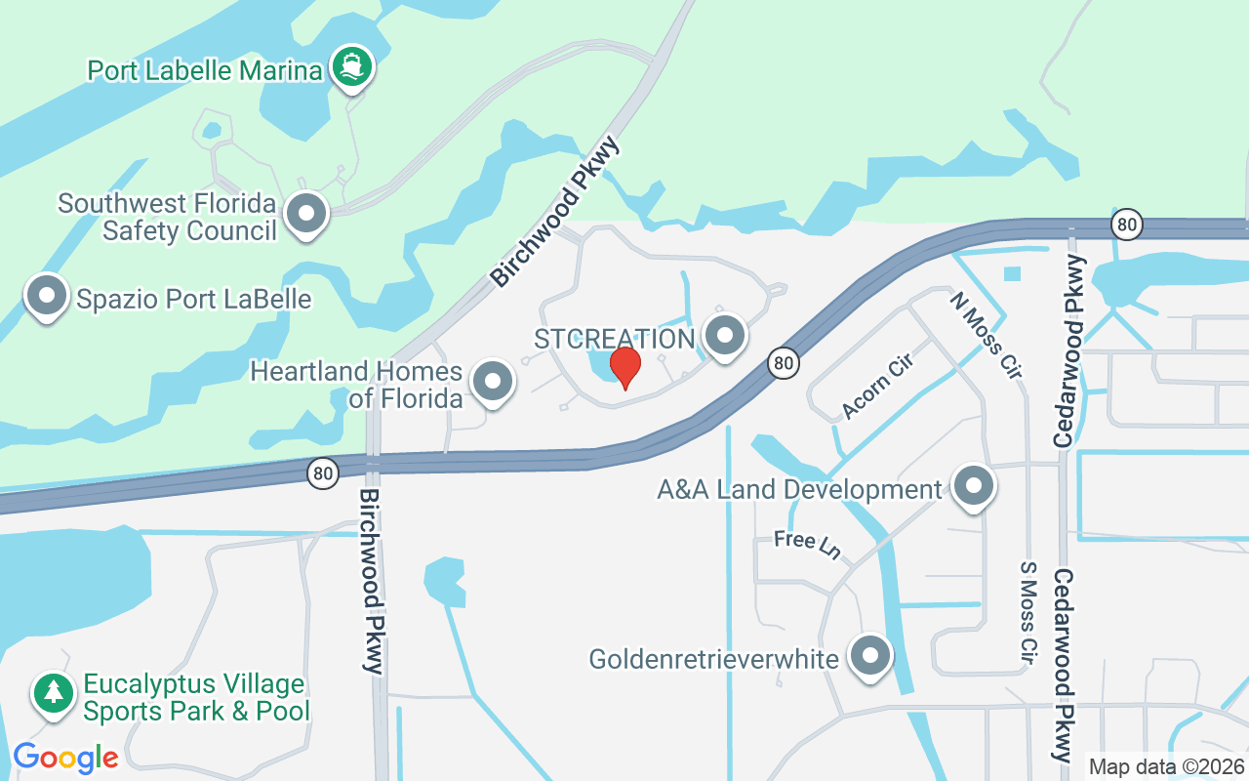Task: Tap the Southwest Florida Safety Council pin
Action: (x=307, y=212)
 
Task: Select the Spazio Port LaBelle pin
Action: (x=47, y=295)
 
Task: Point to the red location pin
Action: (x=624, y=367)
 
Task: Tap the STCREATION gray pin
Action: (x=724, y=336)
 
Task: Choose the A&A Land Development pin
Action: (x=972, y=486)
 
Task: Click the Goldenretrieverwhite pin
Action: (x=869, y=656)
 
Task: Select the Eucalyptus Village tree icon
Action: (x=53, y=693)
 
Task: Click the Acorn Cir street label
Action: (x=876, y=390)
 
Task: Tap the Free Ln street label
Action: (x=807, y=544)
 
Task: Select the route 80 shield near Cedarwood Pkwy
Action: (x=1127, y=225)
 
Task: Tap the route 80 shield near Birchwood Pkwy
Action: (x=323, y=474)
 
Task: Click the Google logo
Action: (x=65, y=757)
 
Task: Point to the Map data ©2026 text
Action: (x=1166, y=766)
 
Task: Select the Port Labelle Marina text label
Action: (x=204, y=70)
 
